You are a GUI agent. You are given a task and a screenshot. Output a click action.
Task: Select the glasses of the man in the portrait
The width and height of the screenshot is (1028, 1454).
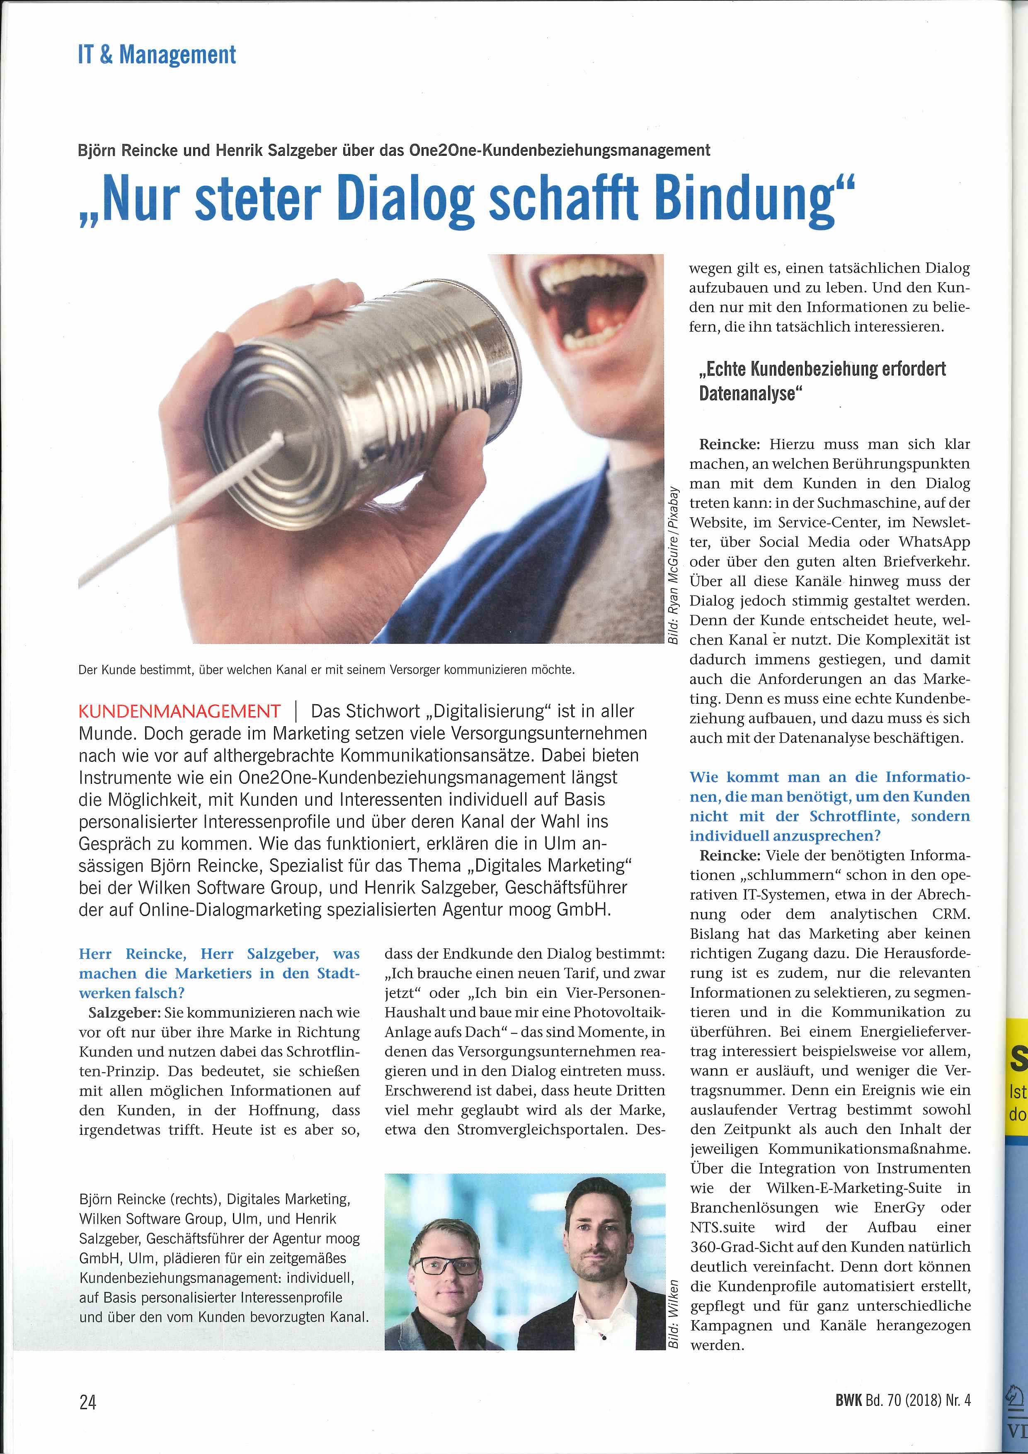[450, 1248]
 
